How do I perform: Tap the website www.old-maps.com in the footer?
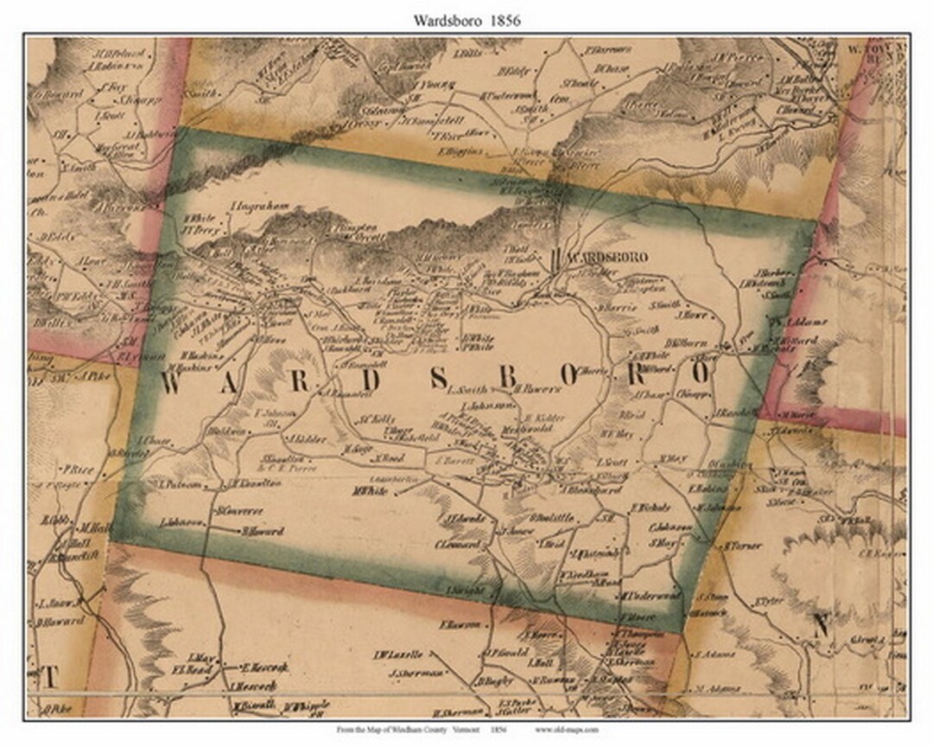click(566, 731)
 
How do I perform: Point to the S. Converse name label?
click(239, 509)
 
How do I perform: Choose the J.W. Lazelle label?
click(398, 654)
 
